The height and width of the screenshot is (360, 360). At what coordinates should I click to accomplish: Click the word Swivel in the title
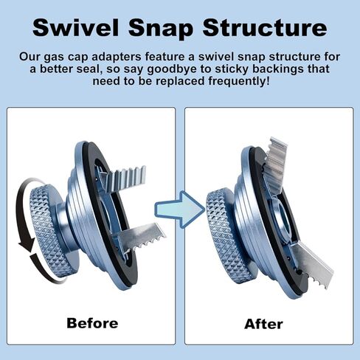[x=75, y=27]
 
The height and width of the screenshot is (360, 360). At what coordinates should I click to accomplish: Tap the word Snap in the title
[x=161, y=28]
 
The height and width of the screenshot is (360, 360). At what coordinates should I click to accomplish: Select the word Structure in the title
[x=265, y=27]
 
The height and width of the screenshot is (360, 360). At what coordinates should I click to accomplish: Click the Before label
[x=92, y=323]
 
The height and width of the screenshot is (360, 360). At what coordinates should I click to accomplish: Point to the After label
[x=263, y=324]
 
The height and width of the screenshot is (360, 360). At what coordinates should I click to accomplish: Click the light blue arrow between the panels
[x=180, y=210]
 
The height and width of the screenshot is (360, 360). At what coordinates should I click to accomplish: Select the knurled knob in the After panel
[x=227, y=236]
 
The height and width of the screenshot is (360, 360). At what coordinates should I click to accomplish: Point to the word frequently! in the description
[x=239, y=81]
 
